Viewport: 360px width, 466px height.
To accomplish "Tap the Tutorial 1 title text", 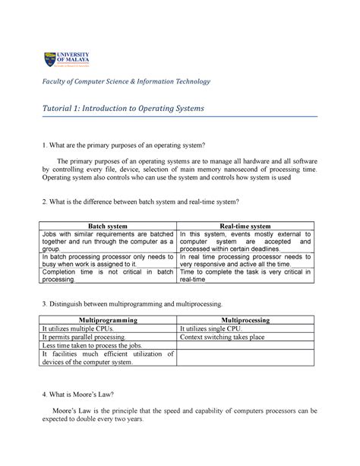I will click(123, 110).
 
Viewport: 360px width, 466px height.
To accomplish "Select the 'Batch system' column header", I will click(109, 226).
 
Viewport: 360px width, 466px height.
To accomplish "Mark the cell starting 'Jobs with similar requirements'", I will click(108, 243).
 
